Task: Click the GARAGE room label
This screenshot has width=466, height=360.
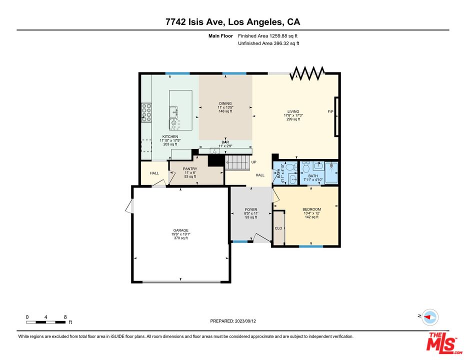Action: click(180, 230)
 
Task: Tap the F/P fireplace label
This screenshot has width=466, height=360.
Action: click(330, 112)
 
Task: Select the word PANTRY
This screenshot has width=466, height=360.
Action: click(190, 169)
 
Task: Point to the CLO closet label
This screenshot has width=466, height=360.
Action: click(278, 228)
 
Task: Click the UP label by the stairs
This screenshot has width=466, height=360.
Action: click(254, 162)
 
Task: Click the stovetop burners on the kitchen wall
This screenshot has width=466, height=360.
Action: click(146, 112)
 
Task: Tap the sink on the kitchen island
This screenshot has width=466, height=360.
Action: click(174, 112)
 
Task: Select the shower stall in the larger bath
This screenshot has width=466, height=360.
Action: click(331, 172)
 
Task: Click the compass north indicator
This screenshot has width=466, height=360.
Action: click(429, 317)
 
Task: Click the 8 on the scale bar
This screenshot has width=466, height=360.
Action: click(65, 317)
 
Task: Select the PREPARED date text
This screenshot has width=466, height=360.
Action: click(233, 321)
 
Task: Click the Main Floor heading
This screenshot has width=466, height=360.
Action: click(220, 36)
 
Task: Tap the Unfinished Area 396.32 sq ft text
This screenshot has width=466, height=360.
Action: click(268, 43)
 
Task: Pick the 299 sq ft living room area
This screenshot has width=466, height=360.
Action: click(293, 119)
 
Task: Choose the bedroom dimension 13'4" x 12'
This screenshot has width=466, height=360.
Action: click(311, 213)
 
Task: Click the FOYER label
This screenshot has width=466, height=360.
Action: click(251, 209)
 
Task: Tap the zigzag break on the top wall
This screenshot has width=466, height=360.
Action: click(307, 73)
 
